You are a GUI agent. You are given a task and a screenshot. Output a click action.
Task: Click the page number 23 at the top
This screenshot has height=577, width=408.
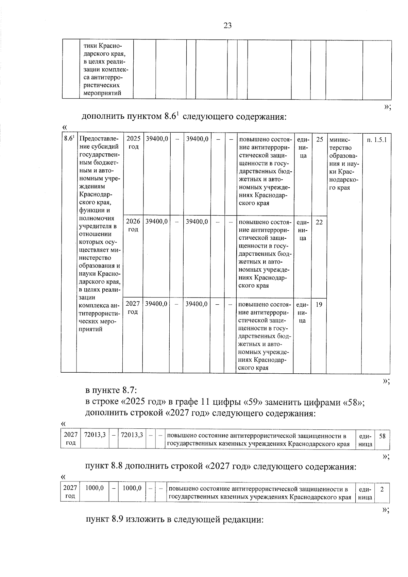pyautogui.click(x=227, y=26)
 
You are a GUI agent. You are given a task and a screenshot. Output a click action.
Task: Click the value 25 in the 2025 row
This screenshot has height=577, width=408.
pyautogui.click(x=320, y=139)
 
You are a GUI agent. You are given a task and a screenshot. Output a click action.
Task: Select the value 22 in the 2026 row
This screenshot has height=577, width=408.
pyautogui.click(x=319, y=222)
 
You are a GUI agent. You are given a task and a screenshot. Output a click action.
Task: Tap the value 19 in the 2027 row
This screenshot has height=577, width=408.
pyautogui.click(x=319, y=305)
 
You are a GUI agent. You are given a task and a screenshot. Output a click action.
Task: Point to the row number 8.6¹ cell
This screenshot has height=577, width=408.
pyautogui.click(x=69, y=138)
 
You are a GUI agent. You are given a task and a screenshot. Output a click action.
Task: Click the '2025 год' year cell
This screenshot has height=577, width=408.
pyautogui.click(x=133, y=143)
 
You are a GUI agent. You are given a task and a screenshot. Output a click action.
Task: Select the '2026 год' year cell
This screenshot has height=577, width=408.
pyautogui.click(x=133, y=225)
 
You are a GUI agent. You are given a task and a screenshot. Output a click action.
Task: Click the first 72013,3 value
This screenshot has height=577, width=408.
pyautogui.click(x=95, y=435)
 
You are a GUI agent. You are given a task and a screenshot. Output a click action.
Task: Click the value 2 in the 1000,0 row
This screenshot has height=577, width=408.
pyautogui.click(x=382, y=489)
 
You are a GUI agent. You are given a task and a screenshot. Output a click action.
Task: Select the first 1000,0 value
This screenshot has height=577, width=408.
pyautogui.click(x=95, y=488)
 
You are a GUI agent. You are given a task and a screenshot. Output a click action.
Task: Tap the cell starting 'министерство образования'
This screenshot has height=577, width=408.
pyautogui.click(x=344, y=163)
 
